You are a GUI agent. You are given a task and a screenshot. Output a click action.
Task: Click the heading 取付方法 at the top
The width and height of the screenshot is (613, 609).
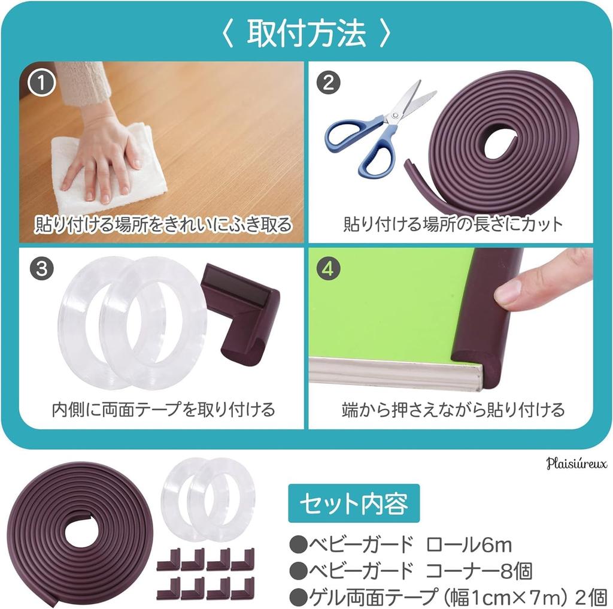[x=306, y=34]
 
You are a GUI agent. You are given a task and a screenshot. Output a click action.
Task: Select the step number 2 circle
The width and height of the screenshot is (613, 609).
[x=328, y=84]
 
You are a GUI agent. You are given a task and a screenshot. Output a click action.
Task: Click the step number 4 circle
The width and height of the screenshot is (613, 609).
[x=328, y=269]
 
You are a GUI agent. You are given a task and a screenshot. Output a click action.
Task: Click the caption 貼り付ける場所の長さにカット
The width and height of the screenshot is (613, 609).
[x=453, y=224]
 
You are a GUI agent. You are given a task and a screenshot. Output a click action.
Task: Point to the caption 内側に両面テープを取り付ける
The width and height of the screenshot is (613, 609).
[x=163, y=410]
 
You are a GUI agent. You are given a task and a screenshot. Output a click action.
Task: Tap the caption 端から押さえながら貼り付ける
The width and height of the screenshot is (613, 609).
[x=453, y=410]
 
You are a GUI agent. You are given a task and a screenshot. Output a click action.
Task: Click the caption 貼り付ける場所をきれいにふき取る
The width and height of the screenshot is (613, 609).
[x=163, y=224]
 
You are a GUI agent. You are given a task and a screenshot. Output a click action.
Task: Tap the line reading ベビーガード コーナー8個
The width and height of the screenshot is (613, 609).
[x=411, y=570]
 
